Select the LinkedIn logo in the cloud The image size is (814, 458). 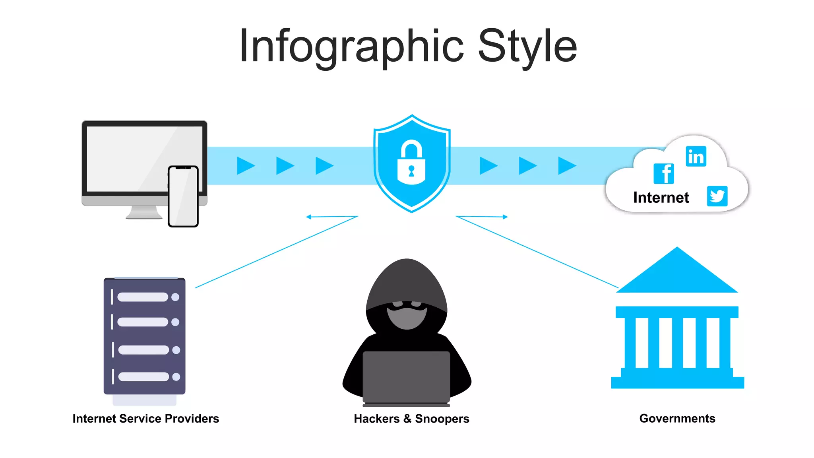(696, 156)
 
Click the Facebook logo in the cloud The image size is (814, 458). (664, 174)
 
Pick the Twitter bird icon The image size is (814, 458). (717, 196)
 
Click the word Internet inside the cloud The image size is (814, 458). (661, 198)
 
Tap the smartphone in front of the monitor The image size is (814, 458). (183, 196)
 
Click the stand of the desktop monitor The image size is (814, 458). (144, 213)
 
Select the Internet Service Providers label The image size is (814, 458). (145, 419)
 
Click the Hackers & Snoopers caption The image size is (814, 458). (411, 419)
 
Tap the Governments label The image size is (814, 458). (677, 419)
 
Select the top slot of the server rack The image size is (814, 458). (143, 297)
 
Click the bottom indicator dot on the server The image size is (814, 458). (176, 376)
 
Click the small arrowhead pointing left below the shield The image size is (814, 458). (309, 217)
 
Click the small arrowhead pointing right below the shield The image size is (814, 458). (505, 217)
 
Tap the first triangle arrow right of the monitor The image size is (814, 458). (245, 165)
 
